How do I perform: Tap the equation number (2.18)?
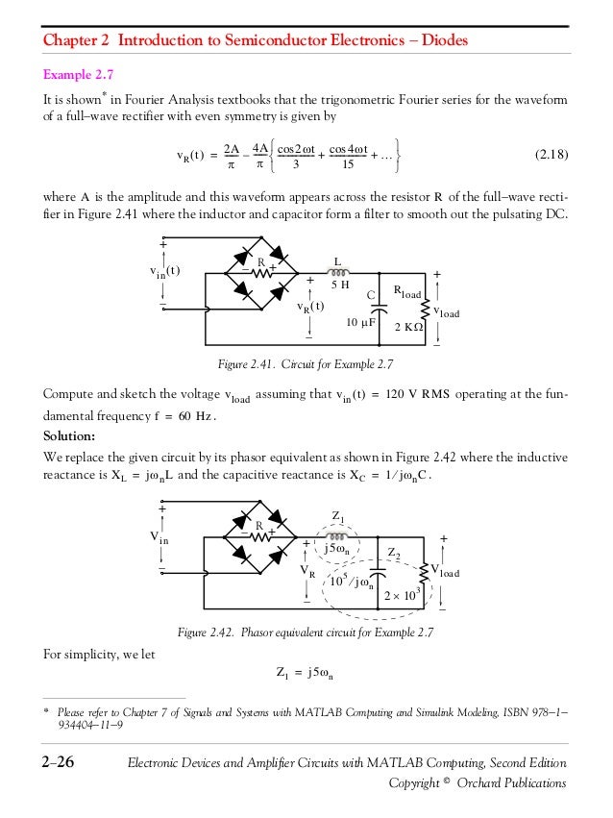pos(549,155)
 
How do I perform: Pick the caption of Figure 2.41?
pos(306,365)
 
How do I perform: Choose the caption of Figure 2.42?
pos(306,632)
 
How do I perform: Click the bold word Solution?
pos(74,434)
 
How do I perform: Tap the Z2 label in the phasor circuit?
pos(393,552)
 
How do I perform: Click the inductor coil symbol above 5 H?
pos(336,270)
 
